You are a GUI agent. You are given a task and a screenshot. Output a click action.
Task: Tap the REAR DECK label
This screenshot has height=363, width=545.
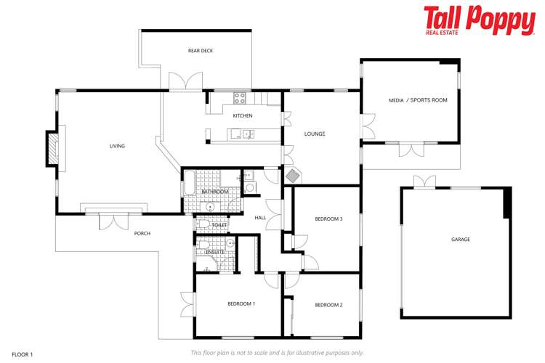(x=200, y=50)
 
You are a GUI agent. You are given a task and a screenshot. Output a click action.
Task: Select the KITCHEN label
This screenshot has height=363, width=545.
(x=243, y=116)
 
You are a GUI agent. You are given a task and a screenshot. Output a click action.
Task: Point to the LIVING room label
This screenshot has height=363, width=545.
(x=117, y=146)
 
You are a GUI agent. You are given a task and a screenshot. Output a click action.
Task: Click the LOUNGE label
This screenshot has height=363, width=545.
(x=315, y=134)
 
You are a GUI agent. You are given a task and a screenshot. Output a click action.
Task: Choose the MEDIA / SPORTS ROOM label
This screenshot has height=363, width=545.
(x=418, y=100)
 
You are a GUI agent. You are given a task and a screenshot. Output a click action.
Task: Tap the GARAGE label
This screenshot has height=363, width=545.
(x=461, y=240)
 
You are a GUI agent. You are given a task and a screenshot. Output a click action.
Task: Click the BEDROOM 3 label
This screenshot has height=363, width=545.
(x=328, y=219)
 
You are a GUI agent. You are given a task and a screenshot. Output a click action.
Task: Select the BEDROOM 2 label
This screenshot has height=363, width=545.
(x=328, y=305)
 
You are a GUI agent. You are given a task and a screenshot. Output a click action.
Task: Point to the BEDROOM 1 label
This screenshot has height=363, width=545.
(x=241, y=303)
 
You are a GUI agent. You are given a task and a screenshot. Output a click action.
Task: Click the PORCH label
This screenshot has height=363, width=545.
(x=142, y=233)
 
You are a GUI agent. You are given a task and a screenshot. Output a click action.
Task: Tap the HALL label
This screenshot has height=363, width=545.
(x=260, y=218)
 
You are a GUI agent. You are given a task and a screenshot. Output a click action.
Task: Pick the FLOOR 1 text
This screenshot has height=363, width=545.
(x=22, y=354)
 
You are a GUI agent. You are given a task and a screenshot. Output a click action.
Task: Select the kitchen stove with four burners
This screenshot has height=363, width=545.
(x=240, y=98)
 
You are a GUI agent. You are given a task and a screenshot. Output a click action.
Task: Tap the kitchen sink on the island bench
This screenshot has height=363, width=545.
(x=247, y=133)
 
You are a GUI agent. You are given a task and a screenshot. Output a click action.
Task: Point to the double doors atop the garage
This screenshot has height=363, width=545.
(x=424, y=181)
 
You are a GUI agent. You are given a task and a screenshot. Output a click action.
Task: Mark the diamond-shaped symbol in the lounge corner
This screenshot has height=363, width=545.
(x=292, y=176)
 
